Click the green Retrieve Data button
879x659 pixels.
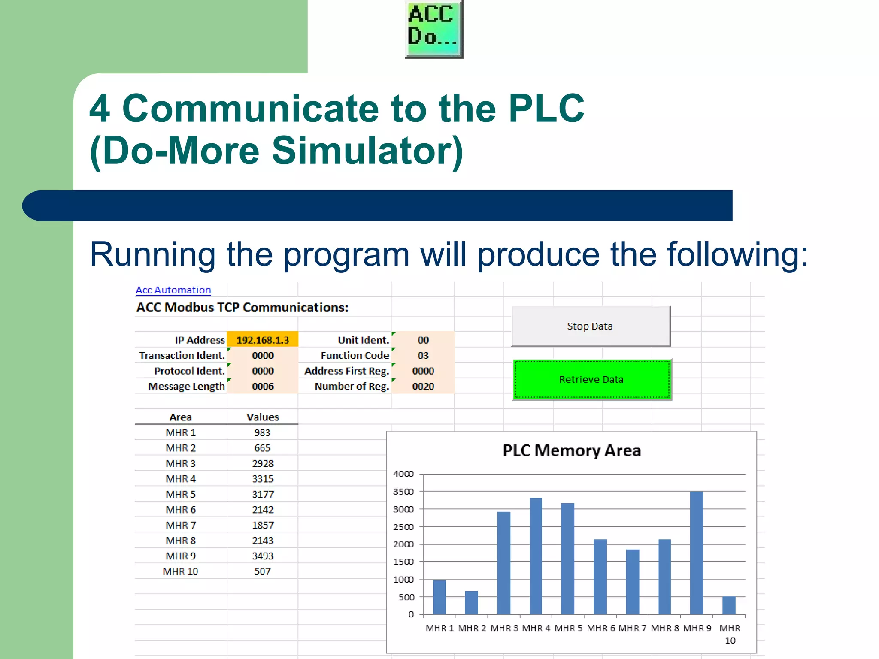tap(591, 379)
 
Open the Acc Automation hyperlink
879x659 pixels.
tap(173, 290)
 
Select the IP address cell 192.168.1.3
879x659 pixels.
tap(262, 340)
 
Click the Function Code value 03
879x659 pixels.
tap(423, 355)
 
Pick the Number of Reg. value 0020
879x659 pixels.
tap(423, 386)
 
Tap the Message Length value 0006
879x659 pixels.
tap(262, 386)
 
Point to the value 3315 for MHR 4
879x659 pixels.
tap(262, 479)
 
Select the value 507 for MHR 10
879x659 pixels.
tap(262, 571)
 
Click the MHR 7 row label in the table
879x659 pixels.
tap(180, 525)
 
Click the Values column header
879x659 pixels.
tap(262, 417)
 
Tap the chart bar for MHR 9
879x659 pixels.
tap(696, 553)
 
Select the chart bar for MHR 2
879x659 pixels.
tap(471, 603)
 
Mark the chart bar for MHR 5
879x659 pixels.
tap(567, 559)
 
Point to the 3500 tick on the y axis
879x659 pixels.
tap(403, 492)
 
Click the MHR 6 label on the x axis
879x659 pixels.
tap(600, 628)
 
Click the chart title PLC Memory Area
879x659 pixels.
tap(571, 451)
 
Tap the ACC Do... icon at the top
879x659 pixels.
tap(433, 28)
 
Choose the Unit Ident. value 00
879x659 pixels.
tap(423, 340)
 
